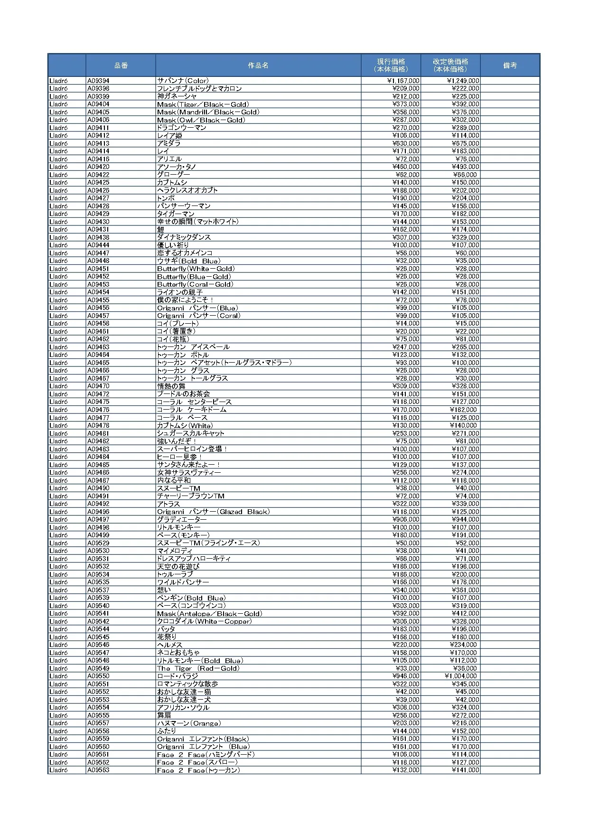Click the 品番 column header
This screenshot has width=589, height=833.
pyautogui.click(x=121, y=66)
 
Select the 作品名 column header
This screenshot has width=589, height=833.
pyautogui.click(x=258, y=66)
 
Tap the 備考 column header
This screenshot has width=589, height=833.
pyautogui.click(x=510, y=66)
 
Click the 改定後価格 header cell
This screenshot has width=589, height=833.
pyautogui.click(x=450, y=66)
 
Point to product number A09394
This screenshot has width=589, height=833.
pyautogui.click(x=98, y=81)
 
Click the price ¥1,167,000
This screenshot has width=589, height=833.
pyautogui.click(x=403, y=81)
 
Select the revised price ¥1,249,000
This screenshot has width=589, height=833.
pyautogui.click(x=463, y=81)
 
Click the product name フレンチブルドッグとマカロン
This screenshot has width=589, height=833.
pyautogui.click(x=199, y=89)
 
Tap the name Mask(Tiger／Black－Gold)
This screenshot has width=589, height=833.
pyautogui.click(x=203, y=104)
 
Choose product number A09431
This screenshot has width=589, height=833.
pyautogui.click(x=98, y=230)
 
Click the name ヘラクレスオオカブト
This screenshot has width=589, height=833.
pyautogui.click(x=187, y=190)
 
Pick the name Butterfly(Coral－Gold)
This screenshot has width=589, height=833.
pyautogui.click(x=195, y=284)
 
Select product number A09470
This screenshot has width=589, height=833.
pyautogui.click(x=98, y=386)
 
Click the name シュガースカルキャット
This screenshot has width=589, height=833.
pyautogui.click(x=191, y=433)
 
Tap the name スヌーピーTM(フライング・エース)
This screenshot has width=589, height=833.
pyautogui.click(x=208, y=543)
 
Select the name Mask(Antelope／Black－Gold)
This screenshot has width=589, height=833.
pyautogui.click(x=209, y=614)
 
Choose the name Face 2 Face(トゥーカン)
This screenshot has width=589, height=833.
pyautogui.click(x=198, y=770)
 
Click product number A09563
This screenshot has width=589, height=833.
pyautogui.click(x=98, y=770)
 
